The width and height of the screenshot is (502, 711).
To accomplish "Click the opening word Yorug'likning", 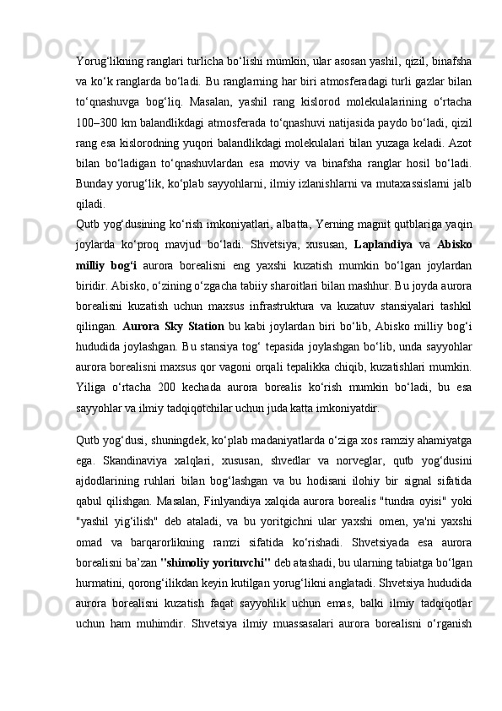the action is (x=110, y=63).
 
